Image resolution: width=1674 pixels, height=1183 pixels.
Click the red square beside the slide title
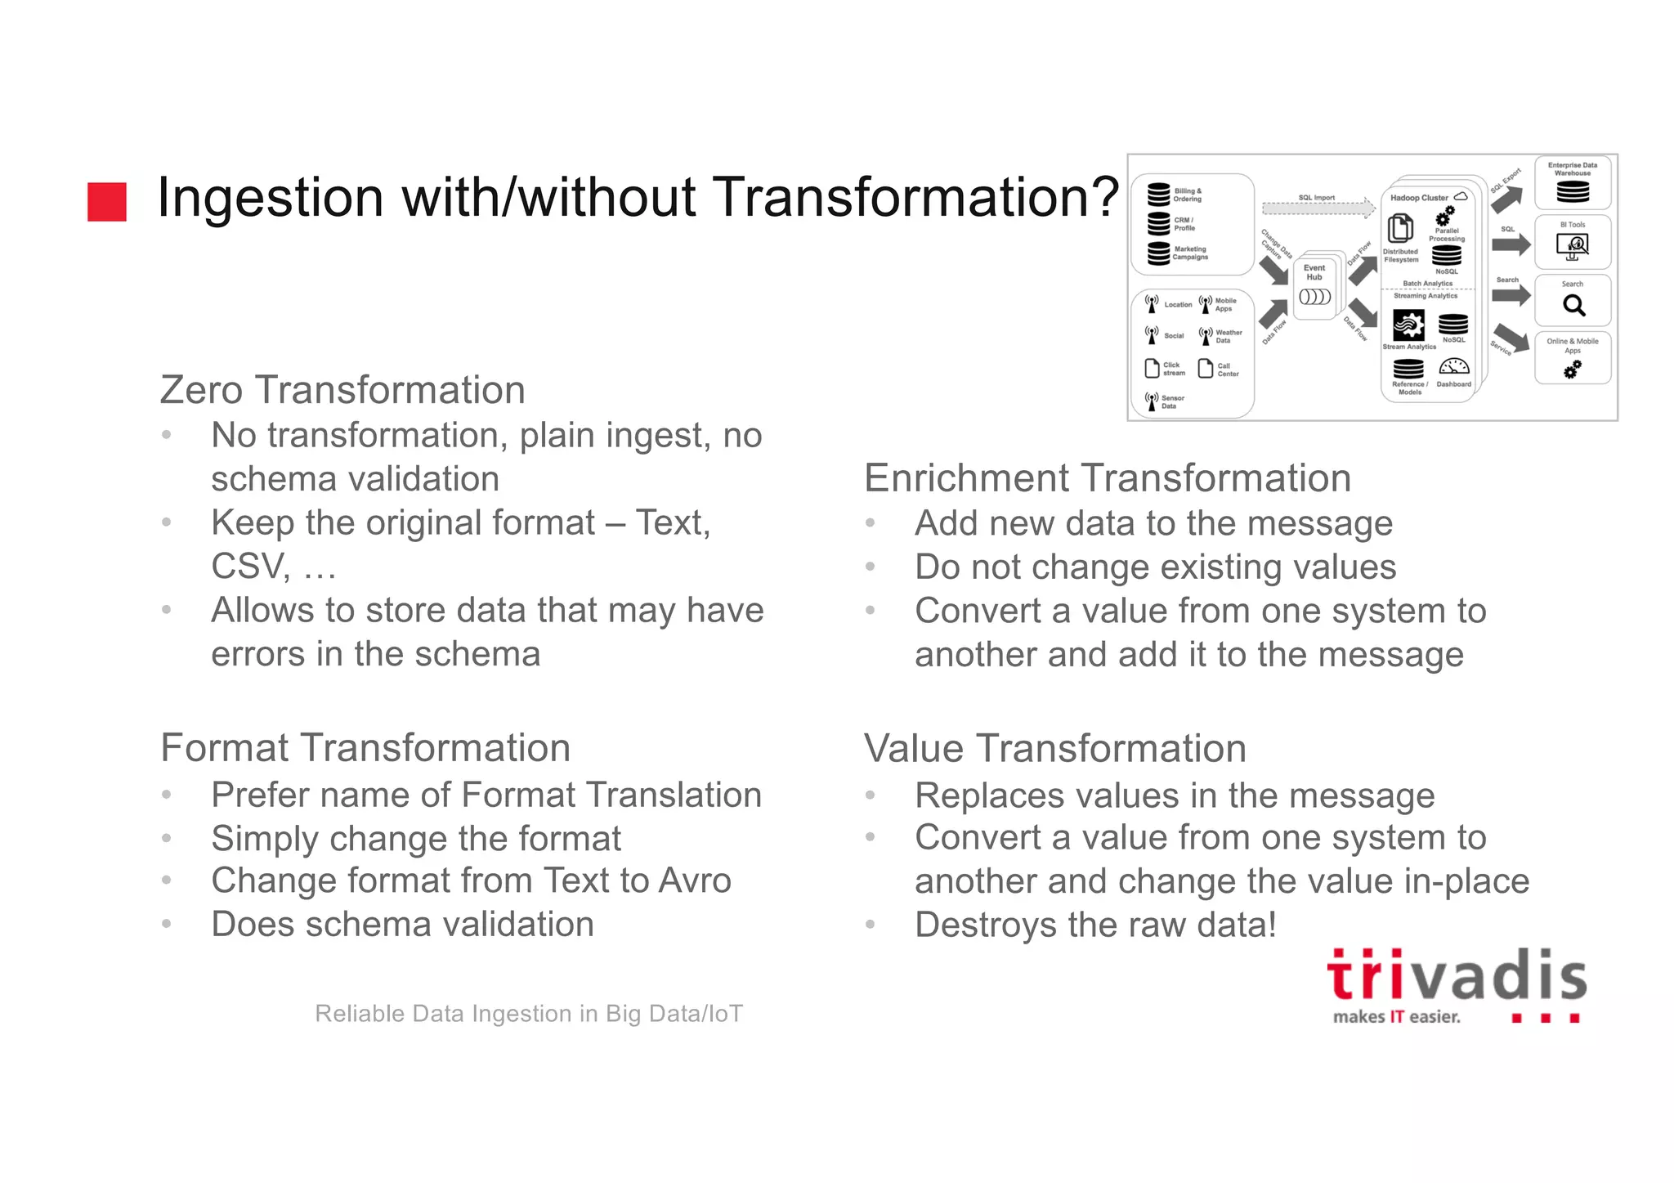107,202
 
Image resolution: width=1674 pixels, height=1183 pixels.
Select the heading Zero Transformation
342,390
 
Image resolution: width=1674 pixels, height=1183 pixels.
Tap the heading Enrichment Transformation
1107,478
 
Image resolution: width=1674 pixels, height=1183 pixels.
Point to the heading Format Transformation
365,748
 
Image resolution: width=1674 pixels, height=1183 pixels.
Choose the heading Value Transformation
1054,749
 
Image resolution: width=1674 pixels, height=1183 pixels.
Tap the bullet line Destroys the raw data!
1094,925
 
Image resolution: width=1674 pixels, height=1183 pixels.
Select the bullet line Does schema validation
402,925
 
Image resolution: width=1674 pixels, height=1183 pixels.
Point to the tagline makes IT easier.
1396,1017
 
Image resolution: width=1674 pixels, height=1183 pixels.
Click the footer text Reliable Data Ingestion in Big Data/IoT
529,1014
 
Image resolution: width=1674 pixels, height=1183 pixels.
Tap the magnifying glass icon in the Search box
1573,306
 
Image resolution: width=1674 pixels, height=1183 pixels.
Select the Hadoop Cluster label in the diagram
1419,198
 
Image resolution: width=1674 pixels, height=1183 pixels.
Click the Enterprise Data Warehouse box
1573,182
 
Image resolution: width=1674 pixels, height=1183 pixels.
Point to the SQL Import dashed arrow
1318,208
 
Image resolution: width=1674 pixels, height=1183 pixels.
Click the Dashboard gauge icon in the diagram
1453,366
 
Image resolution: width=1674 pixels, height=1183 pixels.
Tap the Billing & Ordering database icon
1158,195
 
